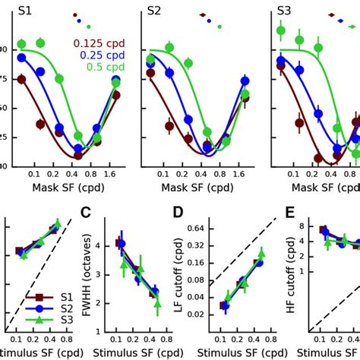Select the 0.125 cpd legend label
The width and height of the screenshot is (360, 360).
pos(102,43)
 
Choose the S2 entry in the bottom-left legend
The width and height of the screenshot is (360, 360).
pos(51,308)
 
